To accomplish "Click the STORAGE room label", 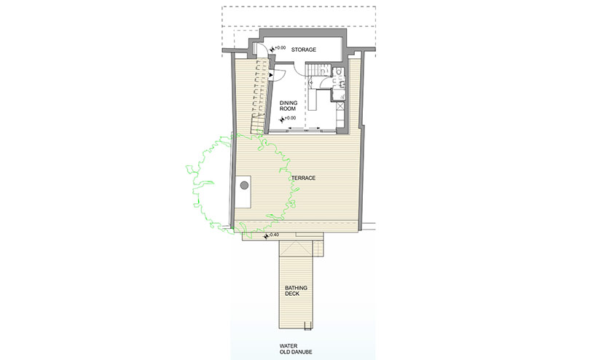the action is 304,50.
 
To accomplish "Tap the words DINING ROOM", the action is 289,106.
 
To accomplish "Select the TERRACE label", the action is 304,178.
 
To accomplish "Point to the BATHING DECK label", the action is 296,291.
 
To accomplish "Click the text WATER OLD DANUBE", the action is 296,349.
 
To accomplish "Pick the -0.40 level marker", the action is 271,235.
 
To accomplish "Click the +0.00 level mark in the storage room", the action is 278,48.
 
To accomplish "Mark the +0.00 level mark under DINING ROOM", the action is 288,119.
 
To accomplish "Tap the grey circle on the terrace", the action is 244,186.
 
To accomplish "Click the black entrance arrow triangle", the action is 270,75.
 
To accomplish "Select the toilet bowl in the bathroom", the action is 339,71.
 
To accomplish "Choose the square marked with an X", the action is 340,106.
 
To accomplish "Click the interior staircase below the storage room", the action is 318,70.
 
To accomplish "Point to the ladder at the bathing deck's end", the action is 307,325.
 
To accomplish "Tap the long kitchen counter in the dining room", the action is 313,100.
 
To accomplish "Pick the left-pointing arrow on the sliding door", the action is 293,128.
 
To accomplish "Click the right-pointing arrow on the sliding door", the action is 315,128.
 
